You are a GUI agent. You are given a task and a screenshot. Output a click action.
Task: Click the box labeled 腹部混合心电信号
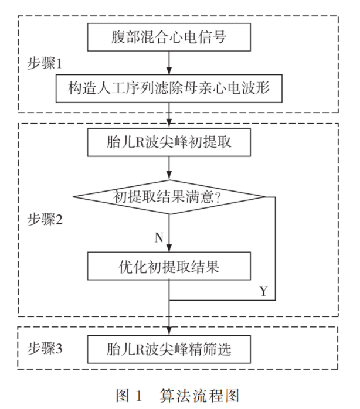(169, 38)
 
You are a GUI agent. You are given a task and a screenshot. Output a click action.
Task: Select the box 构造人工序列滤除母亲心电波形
(169, 88)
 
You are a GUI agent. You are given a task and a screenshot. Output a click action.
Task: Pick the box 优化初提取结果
(169, 267)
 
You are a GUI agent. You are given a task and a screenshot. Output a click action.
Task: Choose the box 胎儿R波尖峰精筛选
(169, 349)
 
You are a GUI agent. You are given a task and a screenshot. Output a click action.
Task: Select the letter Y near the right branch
(263, 291)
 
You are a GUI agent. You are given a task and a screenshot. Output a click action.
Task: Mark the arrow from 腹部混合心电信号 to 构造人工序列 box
(169, 62)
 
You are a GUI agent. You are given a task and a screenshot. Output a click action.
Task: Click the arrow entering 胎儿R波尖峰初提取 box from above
(169, 117)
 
